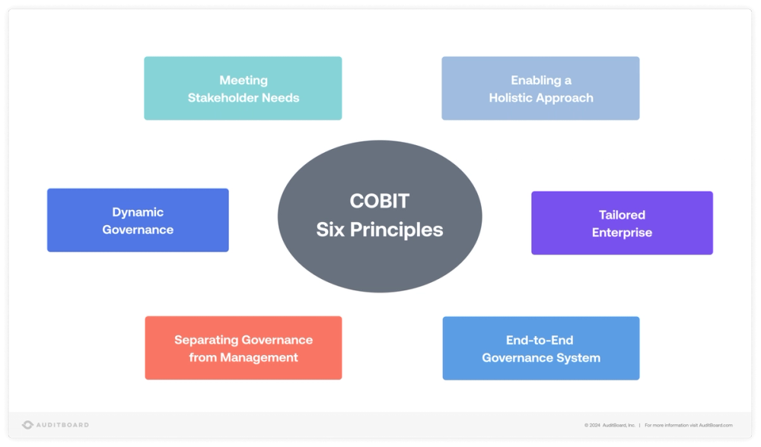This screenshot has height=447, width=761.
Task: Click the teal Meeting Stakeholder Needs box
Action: pos(243,88)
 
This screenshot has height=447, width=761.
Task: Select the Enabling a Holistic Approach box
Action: pos(540,88)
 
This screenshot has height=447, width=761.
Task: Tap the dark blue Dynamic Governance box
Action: pos(138,220)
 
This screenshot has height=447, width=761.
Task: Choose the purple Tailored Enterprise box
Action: pos(622,223)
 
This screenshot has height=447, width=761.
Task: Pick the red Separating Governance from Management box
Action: pos(244,348)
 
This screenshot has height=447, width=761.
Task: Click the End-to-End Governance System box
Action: pos(541,348)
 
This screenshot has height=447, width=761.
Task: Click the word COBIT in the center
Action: pos(380,201)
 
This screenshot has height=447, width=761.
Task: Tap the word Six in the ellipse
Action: pos(330,230)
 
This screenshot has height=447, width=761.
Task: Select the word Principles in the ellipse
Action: pos(396,230)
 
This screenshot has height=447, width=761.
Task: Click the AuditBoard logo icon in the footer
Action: pos(27,425)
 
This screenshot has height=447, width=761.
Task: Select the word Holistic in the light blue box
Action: pos(514,97)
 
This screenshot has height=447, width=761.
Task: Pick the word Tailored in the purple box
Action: pos(622,214)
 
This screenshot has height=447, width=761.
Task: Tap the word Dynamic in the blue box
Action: pos(138,212)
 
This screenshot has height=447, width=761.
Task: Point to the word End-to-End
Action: pos(540,340)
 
